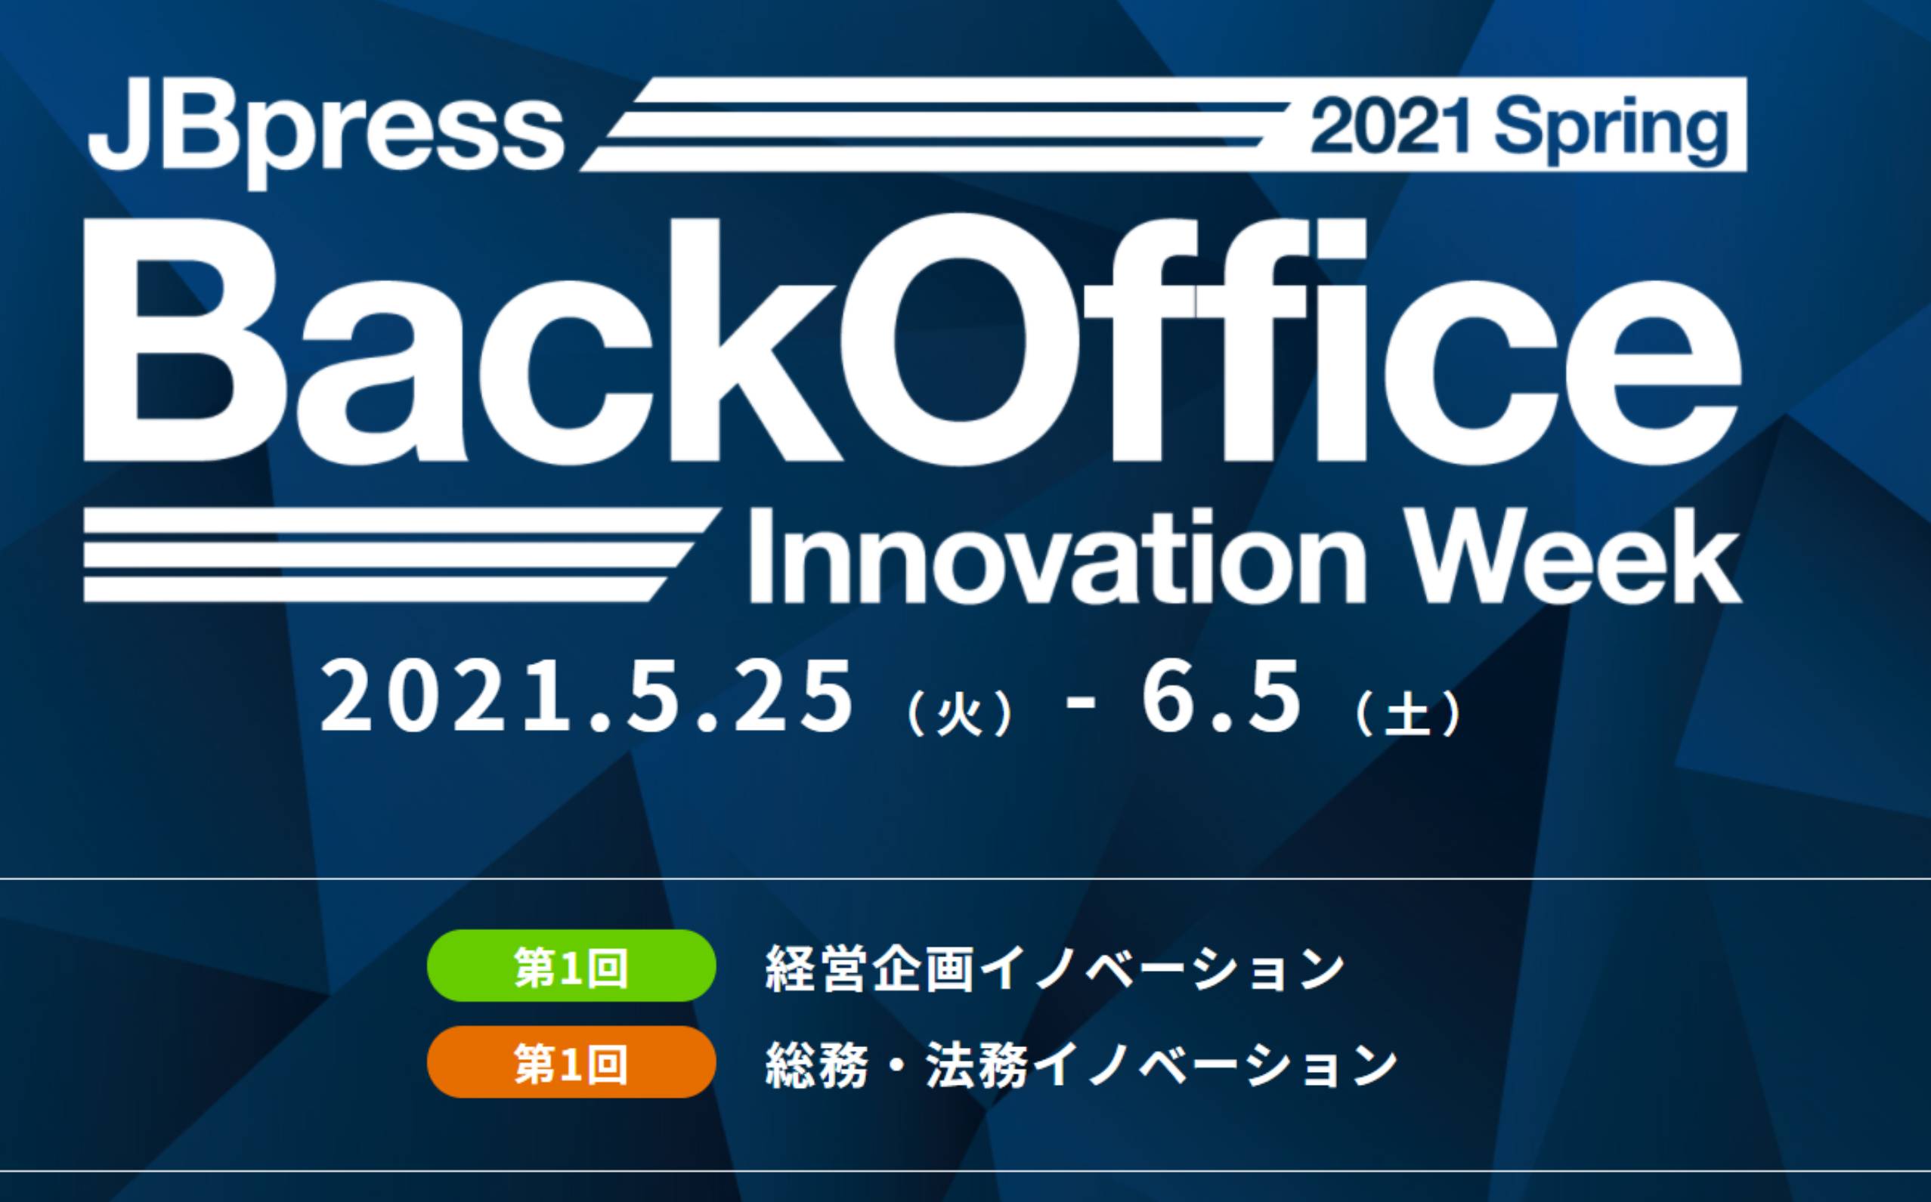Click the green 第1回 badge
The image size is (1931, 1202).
click(571, 966)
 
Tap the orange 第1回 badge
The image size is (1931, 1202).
click(571, 1062)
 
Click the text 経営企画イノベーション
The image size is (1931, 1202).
click(1054, 968)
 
